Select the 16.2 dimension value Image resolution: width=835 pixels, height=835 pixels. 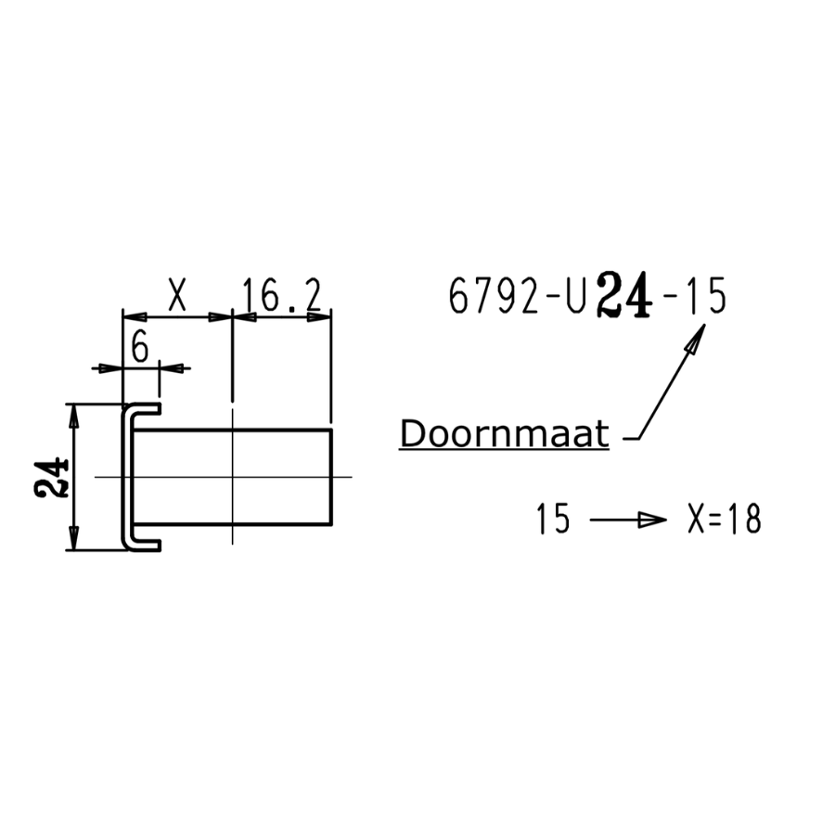point(281,296)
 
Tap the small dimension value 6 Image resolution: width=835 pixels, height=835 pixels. point(140,348)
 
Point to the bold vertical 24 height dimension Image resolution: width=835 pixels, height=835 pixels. point(52,477)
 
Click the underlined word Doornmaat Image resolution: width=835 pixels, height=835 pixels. point(504,434)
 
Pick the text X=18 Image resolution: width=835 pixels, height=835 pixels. point(725,520)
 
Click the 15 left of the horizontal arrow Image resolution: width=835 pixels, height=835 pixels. point(553,520)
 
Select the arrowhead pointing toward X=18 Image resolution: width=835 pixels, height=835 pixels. point(655,520)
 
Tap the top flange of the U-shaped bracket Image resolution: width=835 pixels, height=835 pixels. point(143,408)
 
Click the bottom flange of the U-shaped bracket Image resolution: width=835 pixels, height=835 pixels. point(143,545)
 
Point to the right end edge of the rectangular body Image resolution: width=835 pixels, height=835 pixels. point(331,477)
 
